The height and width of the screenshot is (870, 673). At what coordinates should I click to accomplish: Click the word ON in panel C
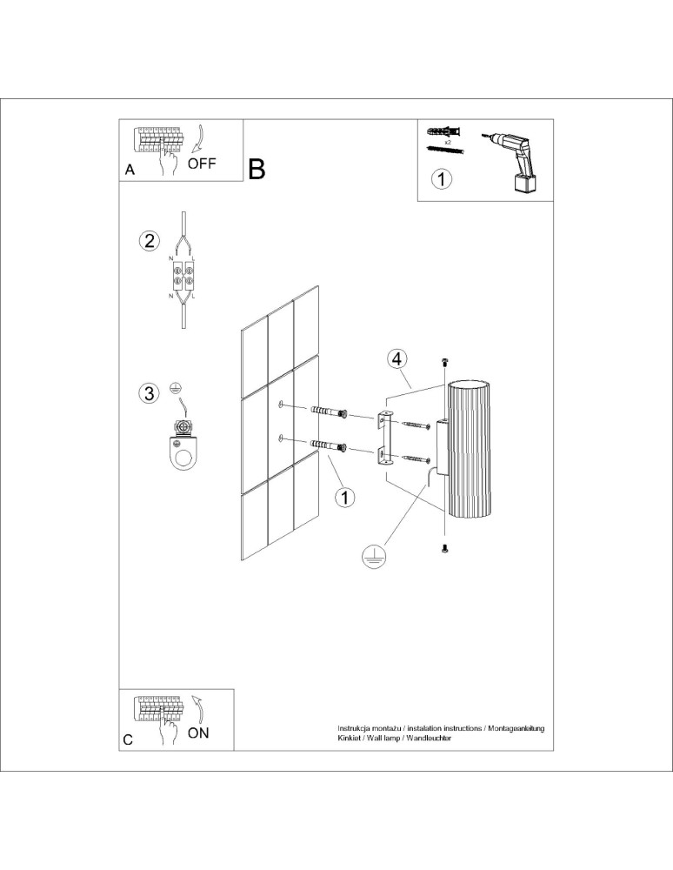pos(198,733)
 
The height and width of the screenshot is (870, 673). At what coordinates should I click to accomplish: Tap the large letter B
pos(257,169)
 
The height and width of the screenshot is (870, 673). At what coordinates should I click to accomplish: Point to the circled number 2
pos(150,241)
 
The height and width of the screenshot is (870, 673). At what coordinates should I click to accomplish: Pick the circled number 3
pos(150,393)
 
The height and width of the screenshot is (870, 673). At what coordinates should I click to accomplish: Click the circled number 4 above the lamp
pos(396,358)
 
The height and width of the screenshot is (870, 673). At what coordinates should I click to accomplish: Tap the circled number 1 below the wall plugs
pos(345,497)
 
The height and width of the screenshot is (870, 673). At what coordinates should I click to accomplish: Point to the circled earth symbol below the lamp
pos(373,558)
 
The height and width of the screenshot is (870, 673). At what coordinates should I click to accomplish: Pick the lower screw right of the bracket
pos(416,456)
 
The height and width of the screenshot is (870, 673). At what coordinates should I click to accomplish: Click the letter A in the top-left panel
pos(130,171)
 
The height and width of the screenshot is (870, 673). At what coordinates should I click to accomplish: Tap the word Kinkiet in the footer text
pos(350,737)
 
